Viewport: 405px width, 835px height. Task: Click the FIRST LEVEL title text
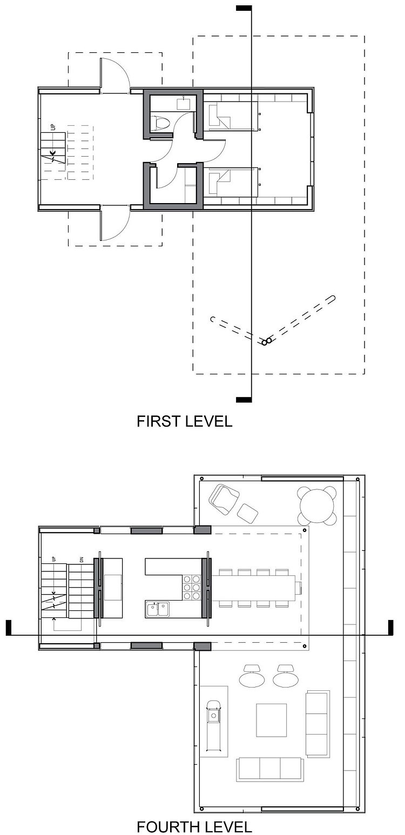tap(185, 421)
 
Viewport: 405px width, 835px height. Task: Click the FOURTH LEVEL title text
tap(194, 826)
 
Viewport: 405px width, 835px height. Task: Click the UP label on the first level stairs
tap(53, 127)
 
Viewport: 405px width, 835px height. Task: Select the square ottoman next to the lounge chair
tap(247, 513)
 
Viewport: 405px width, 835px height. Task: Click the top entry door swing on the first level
tap(115, 74)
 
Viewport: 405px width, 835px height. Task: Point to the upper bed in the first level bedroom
tap(233, 116)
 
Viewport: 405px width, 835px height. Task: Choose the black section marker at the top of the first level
tap(244, 8)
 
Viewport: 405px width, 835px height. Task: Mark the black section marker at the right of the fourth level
tap(390, 628)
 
